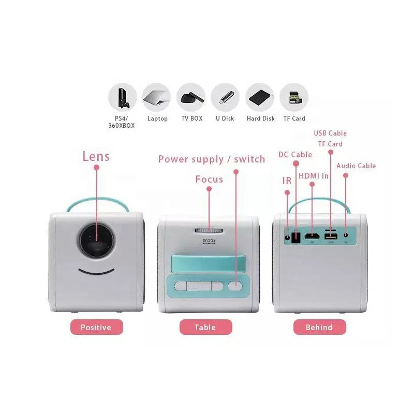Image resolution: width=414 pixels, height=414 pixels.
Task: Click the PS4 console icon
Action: coord(122,97)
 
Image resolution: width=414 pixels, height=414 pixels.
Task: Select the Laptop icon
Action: coord(157,97)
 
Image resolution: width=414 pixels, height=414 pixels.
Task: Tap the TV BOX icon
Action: coord(191,97)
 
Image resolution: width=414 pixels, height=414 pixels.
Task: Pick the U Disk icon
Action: coord(225,97)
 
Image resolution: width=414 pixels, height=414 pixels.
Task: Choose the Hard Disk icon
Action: coord(260,97)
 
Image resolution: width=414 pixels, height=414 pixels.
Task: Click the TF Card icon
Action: coord(294,97)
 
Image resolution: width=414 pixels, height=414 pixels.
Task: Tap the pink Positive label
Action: coord(97,327)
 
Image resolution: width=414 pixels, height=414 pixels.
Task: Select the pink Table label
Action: coord(205,327)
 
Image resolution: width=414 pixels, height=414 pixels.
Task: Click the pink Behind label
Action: coord(319,327)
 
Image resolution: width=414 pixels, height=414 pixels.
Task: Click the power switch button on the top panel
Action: coord(236,285)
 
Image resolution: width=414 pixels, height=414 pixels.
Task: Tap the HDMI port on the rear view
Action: coord(312,237)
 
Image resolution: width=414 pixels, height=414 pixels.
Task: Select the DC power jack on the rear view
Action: coord(295,237)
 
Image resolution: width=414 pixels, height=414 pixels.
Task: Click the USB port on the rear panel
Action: coord(330,237)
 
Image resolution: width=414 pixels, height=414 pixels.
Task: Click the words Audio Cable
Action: coord(356,166)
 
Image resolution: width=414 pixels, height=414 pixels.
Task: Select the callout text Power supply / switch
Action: coord(211,159)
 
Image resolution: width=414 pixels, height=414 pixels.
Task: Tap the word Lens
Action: coord(96,156)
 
